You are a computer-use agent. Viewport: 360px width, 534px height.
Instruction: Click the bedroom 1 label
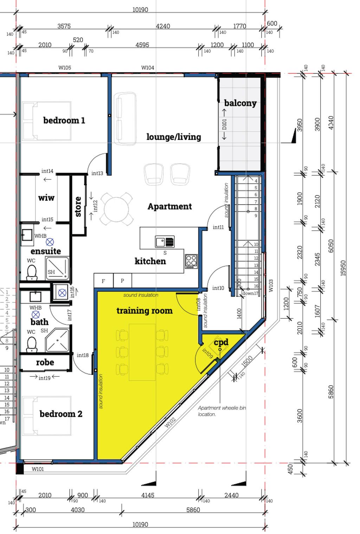[64, 120]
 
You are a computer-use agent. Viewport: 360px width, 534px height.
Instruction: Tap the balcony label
[240, 103]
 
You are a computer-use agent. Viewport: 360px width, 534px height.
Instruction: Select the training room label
[144, 311]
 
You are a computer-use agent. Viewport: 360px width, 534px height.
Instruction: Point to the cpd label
[221, 342]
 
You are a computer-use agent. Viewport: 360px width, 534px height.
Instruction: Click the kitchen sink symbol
[165, 242]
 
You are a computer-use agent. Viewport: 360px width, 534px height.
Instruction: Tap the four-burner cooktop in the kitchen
[191, 261]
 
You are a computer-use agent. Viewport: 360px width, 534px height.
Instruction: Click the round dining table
[116, 209]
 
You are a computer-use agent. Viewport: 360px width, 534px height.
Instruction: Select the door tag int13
[97, 173]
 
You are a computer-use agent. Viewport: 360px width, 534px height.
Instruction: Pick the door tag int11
[218, 227]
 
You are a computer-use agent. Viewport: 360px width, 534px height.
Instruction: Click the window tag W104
[148, 68]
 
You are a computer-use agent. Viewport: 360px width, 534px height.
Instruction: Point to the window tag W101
[38, 469]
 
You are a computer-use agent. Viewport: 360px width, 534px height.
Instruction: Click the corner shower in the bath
[57, 340]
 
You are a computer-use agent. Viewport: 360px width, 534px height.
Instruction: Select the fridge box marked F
[104, 281]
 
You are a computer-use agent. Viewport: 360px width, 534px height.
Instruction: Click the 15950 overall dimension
[343, 268]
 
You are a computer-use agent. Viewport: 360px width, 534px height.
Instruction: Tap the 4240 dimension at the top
[163, 26]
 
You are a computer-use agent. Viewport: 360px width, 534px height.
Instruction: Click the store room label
[78, 206]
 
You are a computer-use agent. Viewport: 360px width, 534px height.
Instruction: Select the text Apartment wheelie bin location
[222, 411]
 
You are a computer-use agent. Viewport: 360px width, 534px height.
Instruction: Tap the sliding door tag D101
[224, 125]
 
